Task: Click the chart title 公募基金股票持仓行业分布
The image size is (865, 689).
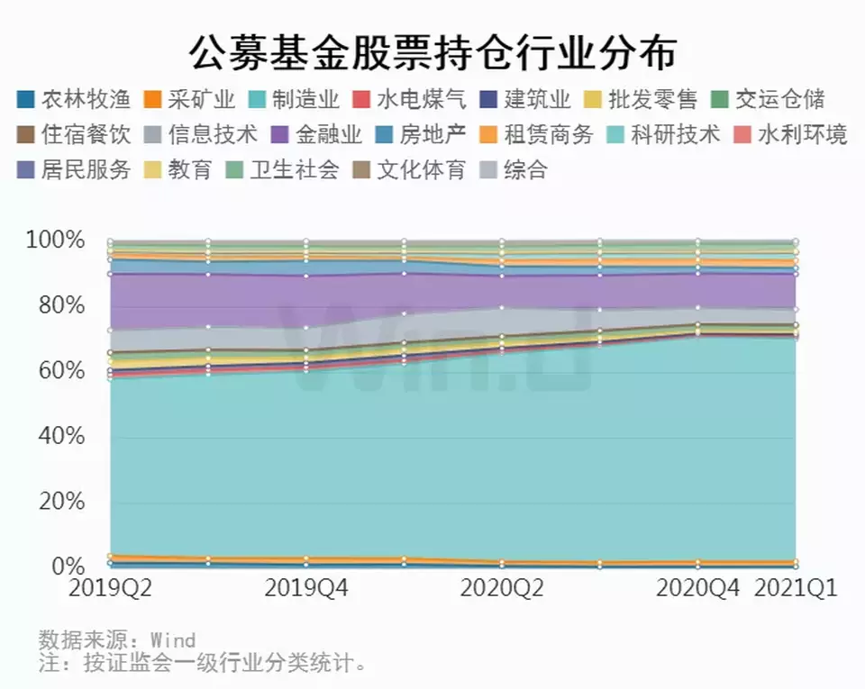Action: pos(432,53)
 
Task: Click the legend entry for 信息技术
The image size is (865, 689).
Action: pos(213,135)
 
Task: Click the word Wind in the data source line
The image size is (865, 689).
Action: pos(172,641)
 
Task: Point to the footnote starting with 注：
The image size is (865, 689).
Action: pos(204,665)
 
